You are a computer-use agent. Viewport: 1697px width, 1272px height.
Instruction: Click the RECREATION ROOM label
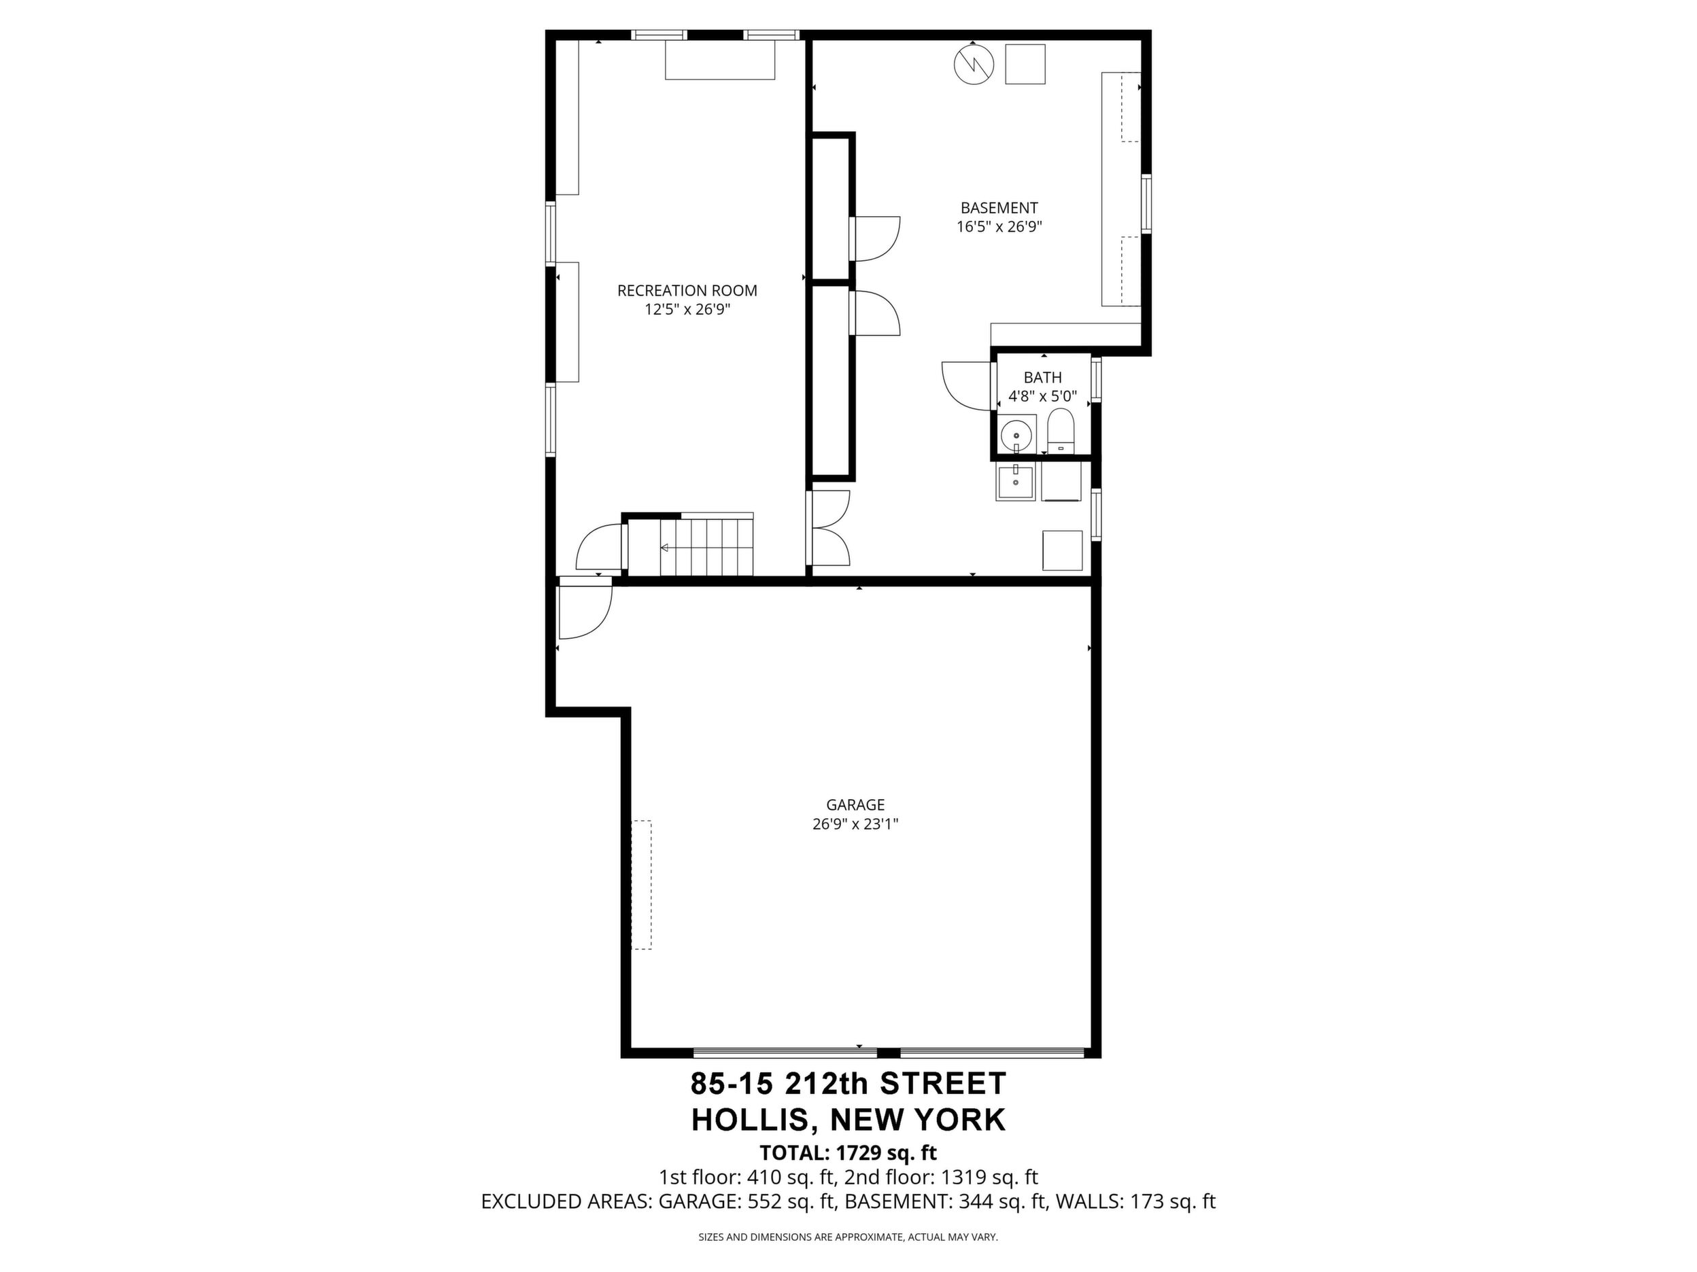pos(687,291)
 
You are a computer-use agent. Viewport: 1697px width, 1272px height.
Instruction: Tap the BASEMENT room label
pos(999,208)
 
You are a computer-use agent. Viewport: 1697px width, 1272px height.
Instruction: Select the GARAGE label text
pos(855,805)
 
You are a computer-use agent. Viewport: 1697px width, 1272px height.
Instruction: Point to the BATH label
pos(1042,377)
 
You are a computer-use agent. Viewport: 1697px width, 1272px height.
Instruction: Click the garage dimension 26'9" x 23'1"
pos(855,824)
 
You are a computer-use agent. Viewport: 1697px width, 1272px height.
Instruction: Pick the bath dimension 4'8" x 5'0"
pos(1042,396)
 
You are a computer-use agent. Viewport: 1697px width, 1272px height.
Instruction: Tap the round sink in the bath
pos(1017,435)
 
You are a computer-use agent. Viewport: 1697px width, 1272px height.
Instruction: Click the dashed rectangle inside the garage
pos(641,885)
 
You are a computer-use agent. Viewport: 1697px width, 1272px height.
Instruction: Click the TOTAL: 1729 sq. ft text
pos(848,1152)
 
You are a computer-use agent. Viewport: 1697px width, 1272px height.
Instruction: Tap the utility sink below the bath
pos(1016,482)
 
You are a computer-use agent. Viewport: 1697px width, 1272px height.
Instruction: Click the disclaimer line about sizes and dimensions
pos(848,1237)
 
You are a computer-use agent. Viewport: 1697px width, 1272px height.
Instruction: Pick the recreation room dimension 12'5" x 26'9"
pos(687,310)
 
